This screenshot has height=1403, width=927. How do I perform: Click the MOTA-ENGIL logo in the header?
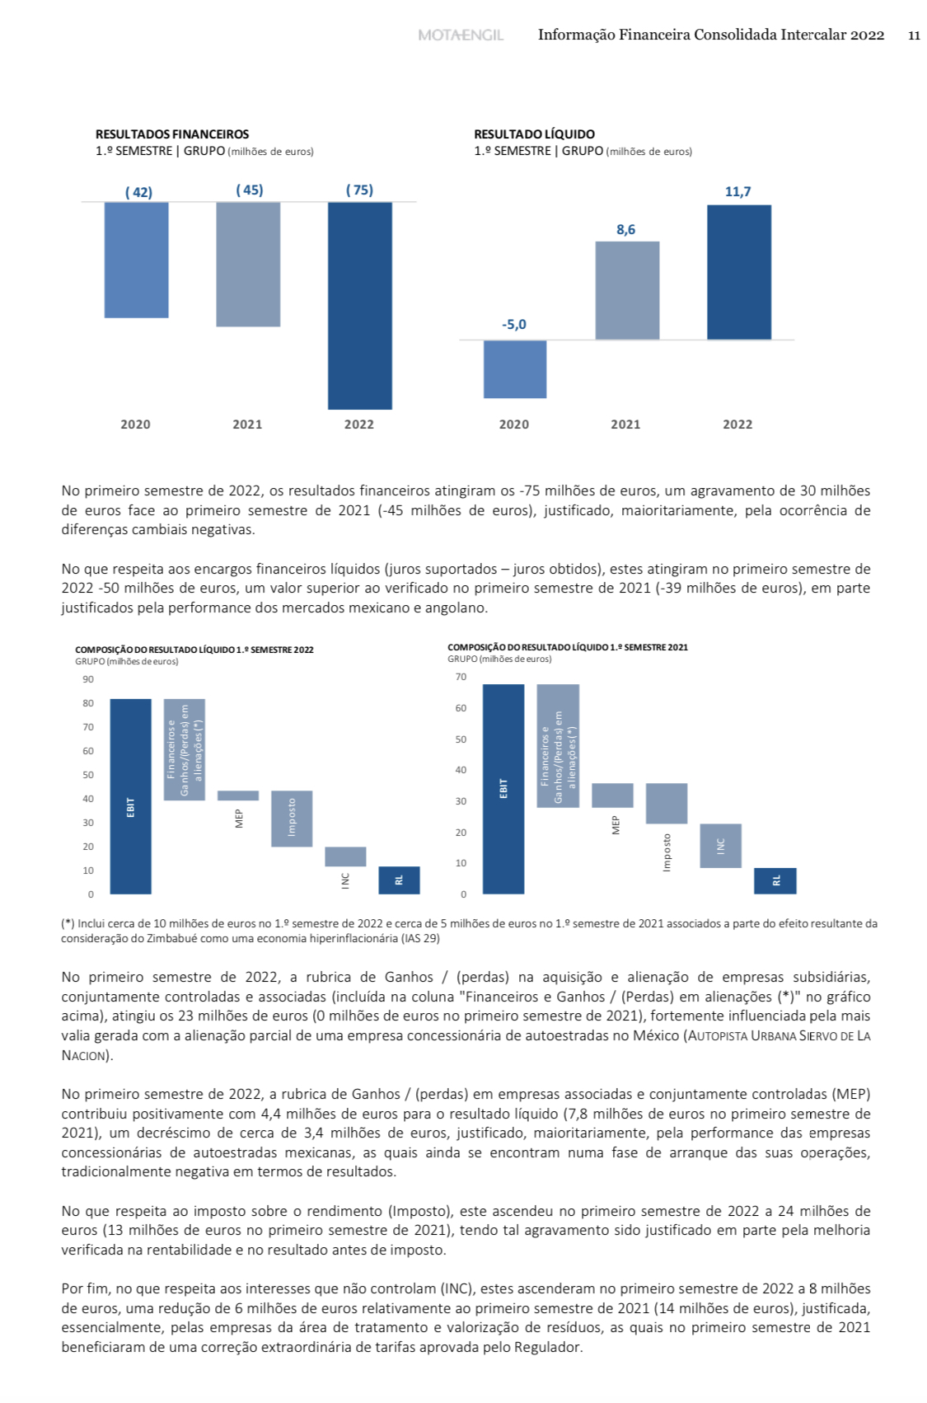coord(460,35)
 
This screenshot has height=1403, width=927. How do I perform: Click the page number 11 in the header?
coord(914,35)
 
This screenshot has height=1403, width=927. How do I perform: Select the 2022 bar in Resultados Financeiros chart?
coord(360,305)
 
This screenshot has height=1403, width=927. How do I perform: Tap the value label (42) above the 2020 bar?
coord(138,192)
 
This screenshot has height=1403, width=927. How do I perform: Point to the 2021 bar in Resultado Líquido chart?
coord(627,290)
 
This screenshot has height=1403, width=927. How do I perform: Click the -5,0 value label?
coord(514,325)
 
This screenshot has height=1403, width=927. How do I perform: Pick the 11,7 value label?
coord(737,192)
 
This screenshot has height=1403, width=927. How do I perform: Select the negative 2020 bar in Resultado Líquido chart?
coord(515,369)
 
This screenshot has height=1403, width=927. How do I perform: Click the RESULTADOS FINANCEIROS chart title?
coord(172,134)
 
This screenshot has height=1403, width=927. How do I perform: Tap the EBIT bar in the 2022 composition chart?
coord(130,796)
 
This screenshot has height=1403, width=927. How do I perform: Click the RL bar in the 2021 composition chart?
coord(775,880)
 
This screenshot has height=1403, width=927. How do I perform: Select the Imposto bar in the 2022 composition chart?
coord(292,819)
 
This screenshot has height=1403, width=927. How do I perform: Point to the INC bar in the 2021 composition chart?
coord(721,846)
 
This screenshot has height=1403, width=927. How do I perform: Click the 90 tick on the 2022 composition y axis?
coord(88,679)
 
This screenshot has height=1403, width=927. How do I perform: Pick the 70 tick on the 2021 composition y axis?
coord(461,677)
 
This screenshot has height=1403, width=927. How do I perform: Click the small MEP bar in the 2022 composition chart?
coord(238,795)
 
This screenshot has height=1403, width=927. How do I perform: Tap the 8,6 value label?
coord(626,230)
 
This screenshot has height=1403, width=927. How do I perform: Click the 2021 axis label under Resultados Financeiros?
coord(247,425)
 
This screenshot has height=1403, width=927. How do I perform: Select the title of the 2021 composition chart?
coord(568,647)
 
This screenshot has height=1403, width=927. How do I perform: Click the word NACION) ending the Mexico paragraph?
coord(87,1056)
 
